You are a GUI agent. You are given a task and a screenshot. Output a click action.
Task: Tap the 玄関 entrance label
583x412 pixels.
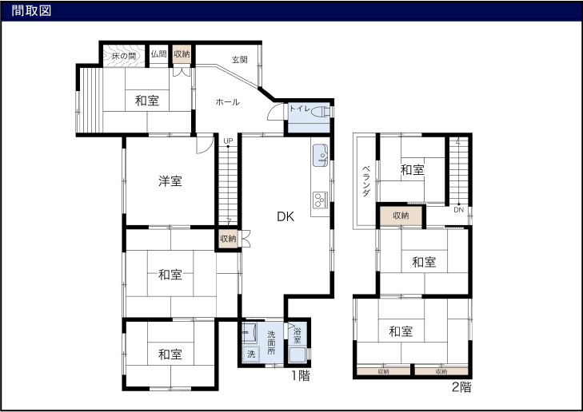(239, 60)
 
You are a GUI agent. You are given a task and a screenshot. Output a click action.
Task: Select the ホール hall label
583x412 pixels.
(227, 101)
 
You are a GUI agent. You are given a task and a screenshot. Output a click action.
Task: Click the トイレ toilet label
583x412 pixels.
(300, 109)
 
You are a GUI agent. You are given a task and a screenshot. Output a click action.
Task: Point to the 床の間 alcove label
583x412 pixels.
(123, 55)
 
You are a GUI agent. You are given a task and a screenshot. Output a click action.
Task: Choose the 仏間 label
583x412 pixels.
(158, 54)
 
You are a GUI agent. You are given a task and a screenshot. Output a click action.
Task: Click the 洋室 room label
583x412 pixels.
(170, 181)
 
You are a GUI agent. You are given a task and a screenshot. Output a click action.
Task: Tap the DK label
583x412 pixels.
(286, 216)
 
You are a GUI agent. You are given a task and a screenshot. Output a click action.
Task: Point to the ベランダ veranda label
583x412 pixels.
(365, 182)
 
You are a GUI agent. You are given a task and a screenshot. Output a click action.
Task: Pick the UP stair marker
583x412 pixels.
(228, 141)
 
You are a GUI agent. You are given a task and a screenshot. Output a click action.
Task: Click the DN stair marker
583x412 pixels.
(458, 210)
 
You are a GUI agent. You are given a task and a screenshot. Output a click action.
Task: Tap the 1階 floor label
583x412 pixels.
(299, 374)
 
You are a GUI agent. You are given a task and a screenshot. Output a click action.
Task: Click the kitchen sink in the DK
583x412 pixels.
(320, 154)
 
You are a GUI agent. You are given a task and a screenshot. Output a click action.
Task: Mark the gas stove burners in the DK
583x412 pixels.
(320, 199)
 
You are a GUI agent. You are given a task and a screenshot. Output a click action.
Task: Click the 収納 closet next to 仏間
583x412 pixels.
(182, 54)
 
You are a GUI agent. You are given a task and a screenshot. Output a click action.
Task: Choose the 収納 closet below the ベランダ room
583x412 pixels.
(401, 216)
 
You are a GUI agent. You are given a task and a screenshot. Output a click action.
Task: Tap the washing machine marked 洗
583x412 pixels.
(250, 353)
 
